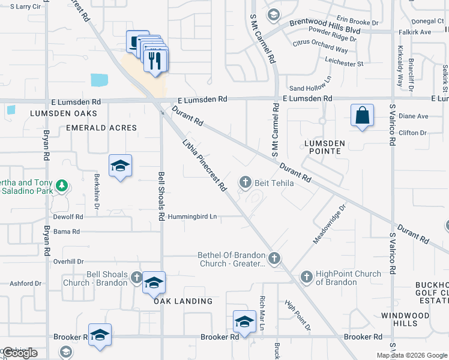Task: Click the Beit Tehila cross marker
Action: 245,182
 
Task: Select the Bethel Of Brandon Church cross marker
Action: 274,259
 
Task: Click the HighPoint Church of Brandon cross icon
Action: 307,277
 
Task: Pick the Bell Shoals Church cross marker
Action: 137,278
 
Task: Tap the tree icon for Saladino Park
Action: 61,187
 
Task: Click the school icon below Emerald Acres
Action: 120,166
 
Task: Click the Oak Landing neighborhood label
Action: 183,301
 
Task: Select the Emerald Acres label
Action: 101,128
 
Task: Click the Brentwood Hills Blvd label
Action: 325,22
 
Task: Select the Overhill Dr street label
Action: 68,262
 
